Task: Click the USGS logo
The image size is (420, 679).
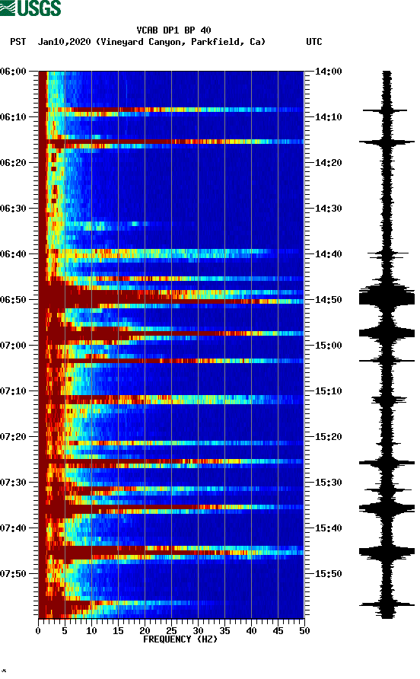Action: (30, 8)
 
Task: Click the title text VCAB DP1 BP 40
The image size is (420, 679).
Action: (173, 30)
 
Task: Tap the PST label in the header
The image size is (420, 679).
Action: (17, 42)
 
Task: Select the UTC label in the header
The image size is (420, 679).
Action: (314, 42)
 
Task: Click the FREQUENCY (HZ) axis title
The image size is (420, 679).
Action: (171, 639)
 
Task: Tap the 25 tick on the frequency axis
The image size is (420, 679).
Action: (171, 630)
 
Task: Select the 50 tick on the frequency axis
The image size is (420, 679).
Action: (304, 630)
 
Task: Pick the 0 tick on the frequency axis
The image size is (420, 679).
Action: (38, 630)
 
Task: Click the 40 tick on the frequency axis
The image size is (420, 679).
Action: (251, 630)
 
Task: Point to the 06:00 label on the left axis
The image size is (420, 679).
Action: (14, 72)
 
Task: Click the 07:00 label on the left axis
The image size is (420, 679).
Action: (14, 346)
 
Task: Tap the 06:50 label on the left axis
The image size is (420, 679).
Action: (14, 300)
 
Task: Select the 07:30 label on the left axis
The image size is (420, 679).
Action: (14, 483)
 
